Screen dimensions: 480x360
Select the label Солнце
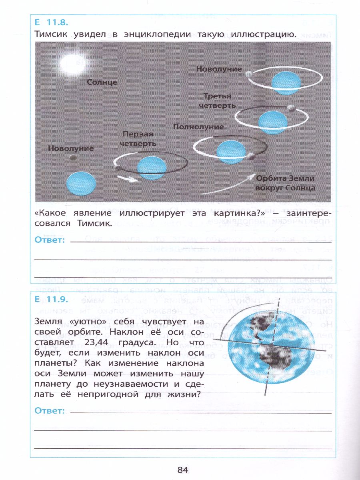click(102, 82)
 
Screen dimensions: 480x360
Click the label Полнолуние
click(198, 127)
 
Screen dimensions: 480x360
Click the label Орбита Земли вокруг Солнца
click(286, 183)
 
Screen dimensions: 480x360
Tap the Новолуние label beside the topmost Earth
click(219, 69)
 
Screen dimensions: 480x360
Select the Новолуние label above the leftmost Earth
click(71, 148)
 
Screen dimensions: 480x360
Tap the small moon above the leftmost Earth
click(73, 158)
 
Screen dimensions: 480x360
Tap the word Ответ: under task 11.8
click(50, 240)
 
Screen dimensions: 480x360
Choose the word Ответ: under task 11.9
click(50, 410)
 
